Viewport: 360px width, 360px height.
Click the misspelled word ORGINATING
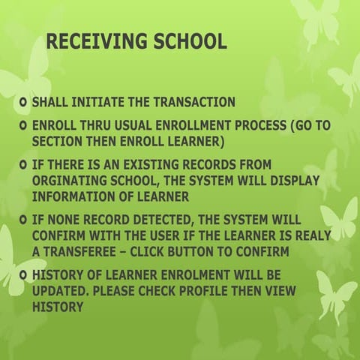pyautogui.click(x=74, y=181)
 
